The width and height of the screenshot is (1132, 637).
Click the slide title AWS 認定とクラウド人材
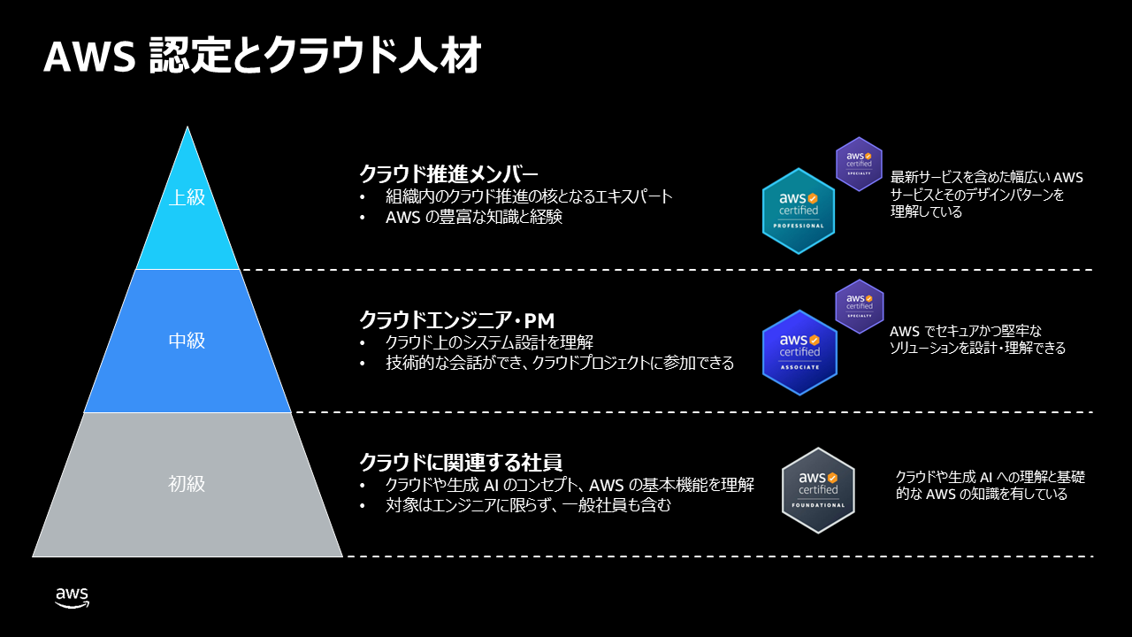[262, 57]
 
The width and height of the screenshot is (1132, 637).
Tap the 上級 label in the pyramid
[187, 196]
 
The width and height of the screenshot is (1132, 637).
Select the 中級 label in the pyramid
[187, 341]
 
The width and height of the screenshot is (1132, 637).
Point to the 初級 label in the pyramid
[187, 484]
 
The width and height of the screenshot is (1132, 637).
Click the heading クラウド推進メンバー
[448, 173]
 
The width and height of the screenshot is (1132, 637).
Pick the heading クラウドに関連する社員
[461, 463]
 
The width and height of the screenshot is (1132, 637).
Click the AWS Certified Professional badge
[799, 211]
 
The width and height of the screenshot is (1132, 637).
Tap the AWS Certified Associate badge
[799, 352]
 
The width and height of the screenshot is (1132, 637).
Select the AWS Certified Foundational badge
[818, 490]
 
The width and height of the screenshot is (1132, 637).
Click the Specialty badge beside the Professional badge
[859, 164]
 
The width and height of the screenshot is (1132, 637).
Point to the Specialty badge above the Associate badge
[859, 306]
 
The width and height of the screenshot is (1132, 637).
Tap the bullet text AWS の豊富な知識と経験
[474, 217]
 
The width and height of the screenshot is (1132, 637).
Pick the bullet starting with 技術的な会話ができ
[559, 363]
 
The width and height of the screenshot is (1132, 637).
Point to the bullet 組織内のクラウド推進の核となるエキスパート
[529, 196]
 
